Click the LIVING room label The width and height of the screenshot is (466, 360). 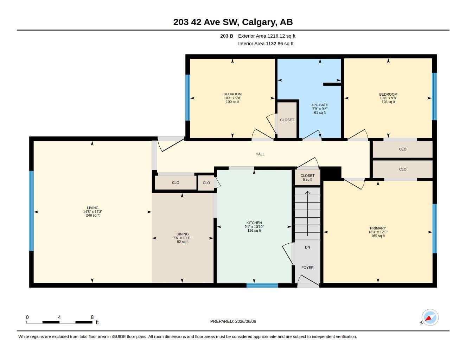pos(92,208)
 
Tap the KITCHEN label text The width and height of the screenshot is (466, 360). pos(254,223)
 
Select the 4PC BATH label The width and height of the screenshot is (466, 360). pos(320,105)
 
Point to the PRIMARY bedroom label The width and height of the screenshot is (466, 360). pos(378,228)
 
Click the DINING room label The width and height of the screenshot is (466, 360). pos(183,234)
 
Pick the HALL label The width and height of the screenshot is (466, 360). pos(260,154)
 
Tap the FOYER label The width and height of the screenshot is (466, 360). pos(307,268)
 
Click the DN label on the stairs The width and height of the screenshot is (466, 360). pos(307,247)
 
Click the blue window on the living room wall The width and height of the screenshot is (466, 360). pos(32,211)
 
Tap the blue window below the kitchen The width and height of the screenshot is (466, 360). pos(262,285)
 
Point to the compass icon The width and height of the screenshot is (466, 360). pos(430,317)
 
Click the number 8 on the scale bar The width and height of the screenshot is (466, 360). pos(92,317)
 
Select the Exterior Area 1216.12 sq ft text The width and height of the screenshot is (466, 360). pos(267,36)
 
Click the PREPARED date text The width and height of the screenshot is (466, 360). pos(233,321)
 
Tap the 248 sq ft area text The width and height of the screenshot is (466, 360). pos(92,215)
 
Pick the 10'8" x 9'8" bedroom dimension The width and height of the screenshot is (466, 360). pos(388,98)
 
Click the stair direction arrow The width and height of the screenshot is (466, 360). pos(307,213)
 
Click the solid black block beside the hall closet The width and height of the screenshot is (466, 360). pos(331,173)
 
